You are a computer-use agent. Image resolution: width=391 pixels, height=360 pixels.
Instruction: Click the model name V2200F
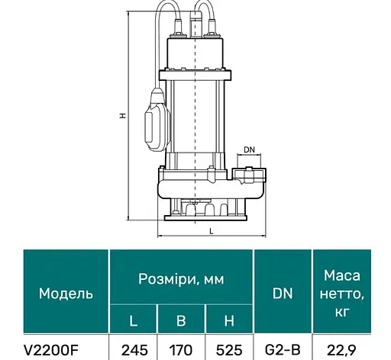coord(50,350)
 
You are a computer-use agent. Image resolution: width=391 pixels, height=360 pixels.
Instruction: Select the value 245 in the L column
coord(134,350)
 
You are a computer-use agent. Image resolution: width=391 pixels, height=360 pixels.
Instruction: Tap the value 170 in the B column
coord(181,350)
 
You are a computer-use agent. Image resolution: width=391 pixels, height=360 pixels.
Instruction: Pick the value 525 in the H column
coord(229,350)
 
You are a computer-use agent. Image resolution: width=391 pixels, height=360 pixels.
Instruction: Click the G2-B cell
coord(283,350)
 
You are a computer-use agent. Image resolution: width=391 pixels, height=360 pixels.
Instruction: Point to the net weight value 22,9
coord(341,351)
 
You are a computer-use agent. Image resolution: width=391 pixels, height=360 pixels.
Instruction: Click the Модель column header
coord(66,294)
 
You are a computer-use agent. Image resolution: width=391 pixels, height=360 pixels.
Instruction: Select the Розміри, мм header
coord(181,279)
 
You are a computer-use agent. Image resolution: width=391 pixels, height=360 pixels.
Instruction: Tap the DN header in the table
coord(283,294)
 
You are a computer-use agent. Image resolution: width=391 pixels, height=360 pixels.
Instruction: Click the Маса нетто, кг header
coord(341,294)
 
